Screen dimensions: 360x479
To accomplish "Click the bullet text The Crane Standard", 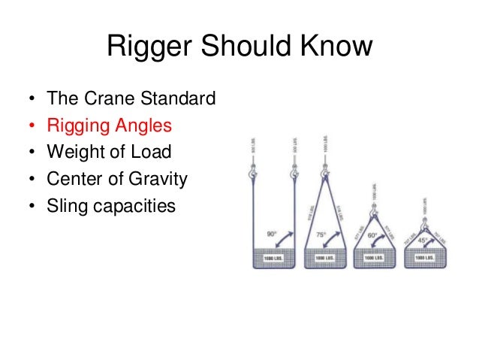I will pyautogui.click(x=131, y=98).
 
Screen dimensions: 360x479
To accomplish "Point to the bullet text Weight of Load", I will pyautogui.click(x=109, y=152).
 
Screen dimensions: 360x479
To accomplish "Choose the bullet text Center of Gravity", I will pyautogui.click(x=116, y=179).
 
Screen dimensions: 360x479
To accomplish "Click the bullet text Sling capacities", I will pyautogui.click(x=111, y=205).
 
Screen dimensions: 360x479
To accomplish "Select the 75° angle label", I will pyautogui.click(x=319, y=234).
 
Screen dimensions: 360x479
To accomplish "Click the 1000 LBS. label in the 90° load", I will pyautogui.click(x=274, y=258).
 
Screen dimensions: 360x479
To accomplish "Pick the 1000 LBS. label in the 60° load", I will pyautogui.click(x=373, y=258).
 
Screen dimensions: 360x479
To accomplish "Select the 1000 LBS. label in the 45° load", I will pyautogui.click(x=425, y=258).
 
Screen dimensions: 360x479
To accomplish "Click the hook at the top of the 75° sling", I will pyautogui.click(x=325, y=175).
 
